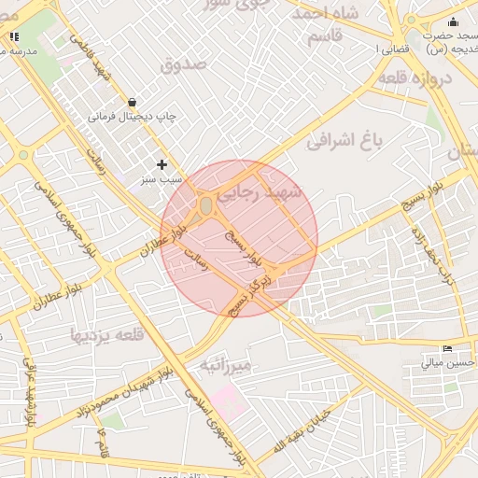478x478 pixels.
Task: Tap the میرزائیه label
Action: pos(224,367)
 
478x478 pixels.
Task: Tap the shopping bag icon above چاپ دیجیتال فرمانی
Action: pos(132,102)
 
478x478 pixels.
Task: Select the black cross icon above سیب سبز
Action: pos(162,164)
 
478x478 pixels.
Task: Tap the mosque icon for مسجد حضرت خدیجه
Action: pos(454,22)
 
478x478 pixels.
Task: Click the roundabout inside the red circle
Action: pos(206,204)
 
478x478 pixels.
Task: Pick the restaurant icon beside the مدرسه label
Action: pos(13,36)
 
